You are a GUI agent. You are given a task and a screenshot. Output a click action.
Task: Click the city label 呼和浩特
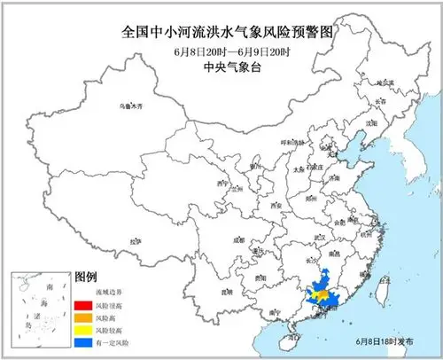coord(280,141)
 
